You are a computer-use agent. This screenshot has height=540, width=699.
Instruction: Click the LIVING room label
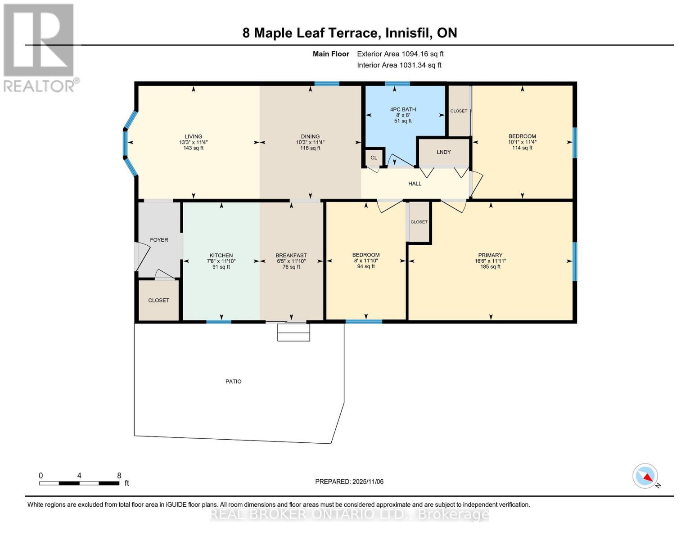193,136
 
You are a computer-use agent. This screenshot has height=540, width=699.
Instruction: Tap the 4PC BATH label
403,109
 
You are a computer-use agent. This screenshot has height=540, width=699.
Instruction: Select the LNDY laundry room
444,152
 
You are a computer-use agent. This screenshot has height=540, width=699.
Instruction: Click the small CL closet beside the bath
374,158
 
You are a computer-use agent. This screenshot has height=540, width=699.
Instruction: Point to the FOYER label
159,240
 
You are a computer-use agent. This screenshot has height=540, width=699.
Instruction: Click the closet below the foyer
158,300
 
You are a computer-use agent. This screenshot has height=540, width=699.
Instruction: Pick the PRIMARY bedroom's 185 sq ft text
490,267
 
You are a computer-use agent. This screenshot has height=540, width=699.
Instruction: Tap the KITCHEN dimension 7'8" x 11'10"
221,261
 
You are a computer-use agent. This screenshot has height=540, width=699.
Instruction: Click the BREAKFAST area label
291,256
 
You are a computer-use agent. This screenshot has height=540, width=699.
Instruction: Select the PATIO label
233,382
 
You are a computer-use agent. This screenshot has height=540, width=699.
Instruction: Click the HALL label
415,184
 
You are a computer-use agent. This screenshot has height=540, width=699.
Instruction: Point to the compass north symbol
645,476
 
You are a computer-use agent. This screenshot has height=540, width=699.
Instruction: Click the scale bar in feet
79,483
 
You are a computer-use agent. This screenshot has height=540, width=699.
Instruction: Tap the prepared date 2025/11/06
349,481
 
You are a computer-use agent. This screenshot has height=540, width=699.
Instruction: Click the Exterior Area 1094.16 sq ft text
400,54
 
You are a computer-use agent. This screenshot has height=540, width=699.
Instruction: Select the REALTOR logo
39,47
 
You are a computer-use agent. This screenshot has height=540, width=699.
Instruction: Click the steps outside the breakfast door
293,333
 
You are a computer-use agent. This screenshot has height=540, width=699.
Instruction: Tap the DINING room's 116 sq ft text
310,148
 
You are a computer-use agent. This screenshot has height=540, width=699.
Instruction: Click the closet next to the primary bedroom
419,222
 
